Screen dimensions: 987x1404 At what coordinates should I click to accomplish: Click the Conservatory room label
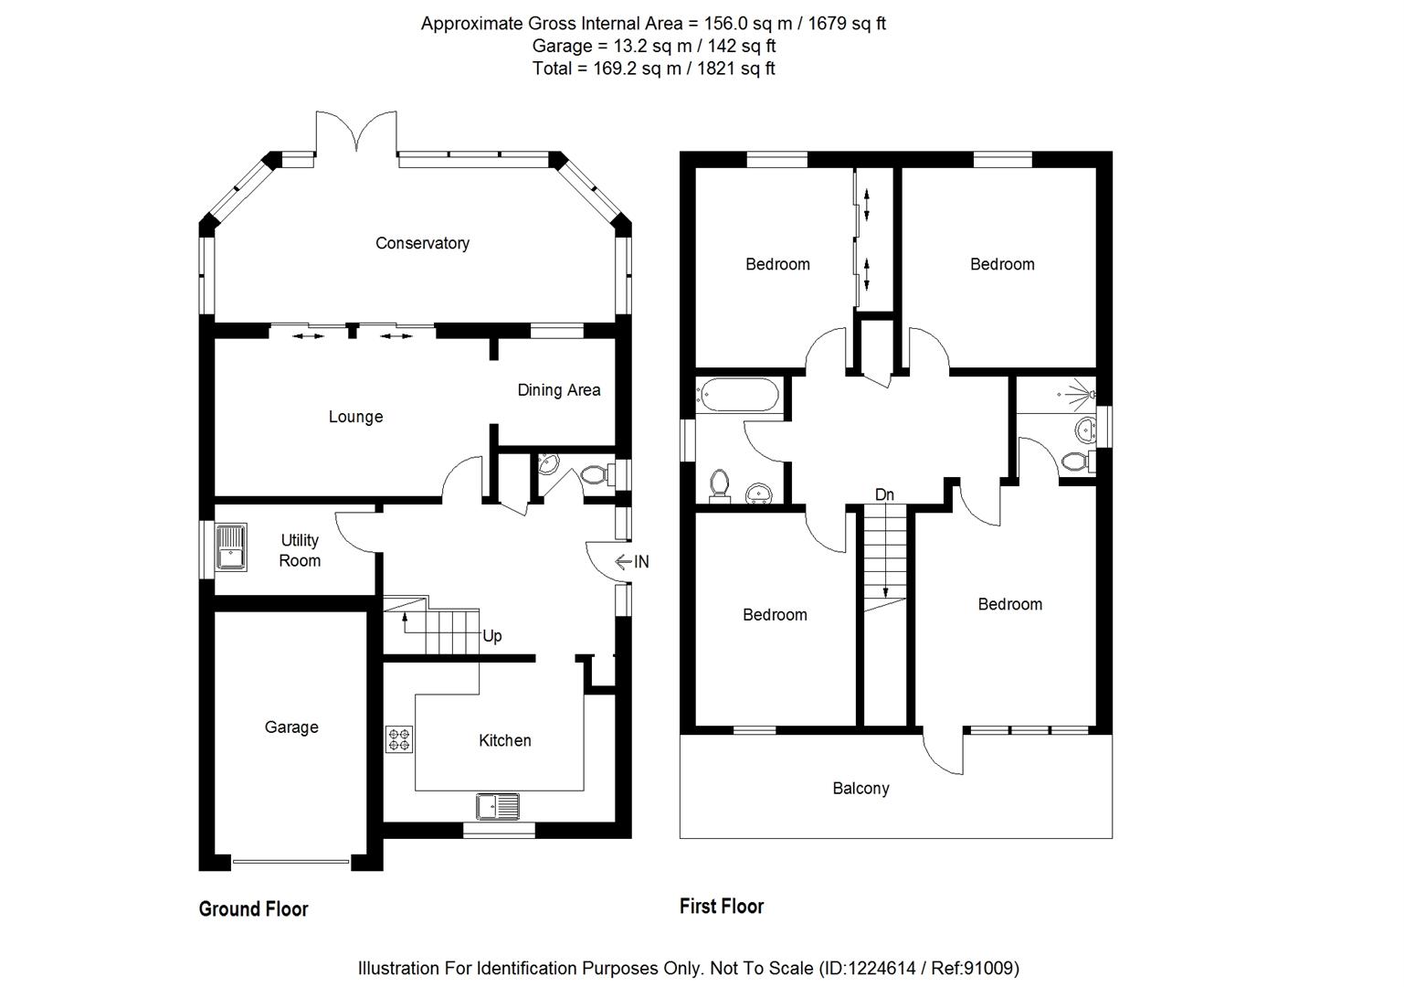pyautogui.click(x=422, y=243)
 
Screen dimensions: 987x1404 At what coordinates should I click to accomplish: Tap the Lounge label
pyautogui.click(x=355, y=417)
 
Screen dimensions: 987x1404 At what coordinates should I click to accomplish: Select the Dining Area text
pyautogui.click(x=559, y=390)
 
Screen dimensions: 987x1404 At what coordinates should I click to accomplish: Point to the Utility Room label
pyautogui.click(x=300, y=550)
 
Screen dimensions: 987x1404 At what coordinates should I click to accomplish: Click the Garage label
pyautogui.click(x=291, y=727)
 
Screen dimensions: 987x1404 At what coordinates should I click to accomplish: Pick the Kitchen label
pyautogui.click(x=504, y=740)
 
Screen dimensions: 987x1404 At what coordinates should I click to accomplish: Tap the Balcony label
pyautogui.click(x=860, y=788)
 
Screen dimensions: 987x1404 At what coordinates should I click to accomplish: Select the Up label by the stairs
pyautogui.click(x=492, y=636)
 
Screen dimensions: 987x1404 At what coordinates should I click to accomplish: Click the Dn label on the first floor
pyautogui.click(x=884, y=494)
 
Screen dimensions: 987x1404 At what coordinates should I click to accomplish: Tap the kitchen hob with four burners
pyautogui.click(x=399, y=738)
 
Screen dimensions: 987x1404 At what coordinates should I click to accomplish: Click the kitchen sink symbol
pyautogui.click(x=497, y=806)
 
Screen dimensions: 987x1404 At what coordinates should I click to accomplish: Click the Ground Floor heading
pyautogui.click(x=253, y=908)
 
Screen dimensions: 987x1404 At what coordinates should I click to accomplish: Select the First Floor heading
pyautogui.click(x=722, y=906)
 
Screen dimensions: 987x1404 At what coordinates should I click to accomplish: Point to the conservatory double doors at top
pyautogui.click(x=357, y=133)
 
